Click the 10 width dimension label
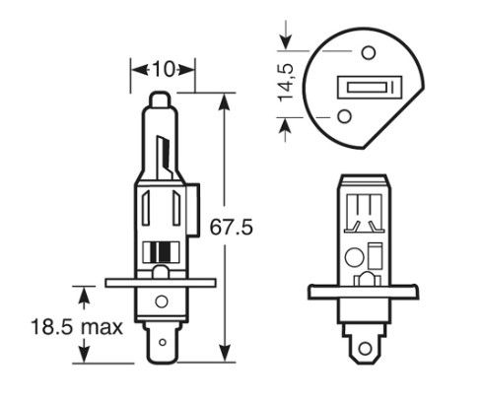pyautogui.click(x=163, y=70)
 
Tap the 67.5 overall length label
pyautogui.click(x=232, y=227)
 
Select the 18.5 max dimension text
pyautogui.click(x=77, y=327)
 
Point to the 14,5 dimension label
pyautogui.click(x=286, y=82)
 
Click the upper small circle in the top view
pyautogui.click(x=369, y=52)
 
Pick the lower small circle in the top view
pyautogui.click(x=345, y=116)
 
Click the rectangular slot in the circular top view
pyautogui.click(x=370, y=87)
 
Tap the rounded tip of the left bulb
pyautogui.click(x=160, y=99)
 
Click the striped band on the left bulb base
pyautogui.click(x=161, y=252)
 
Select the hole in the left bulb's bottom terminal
pyautogui.click(x=163, y=343)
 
